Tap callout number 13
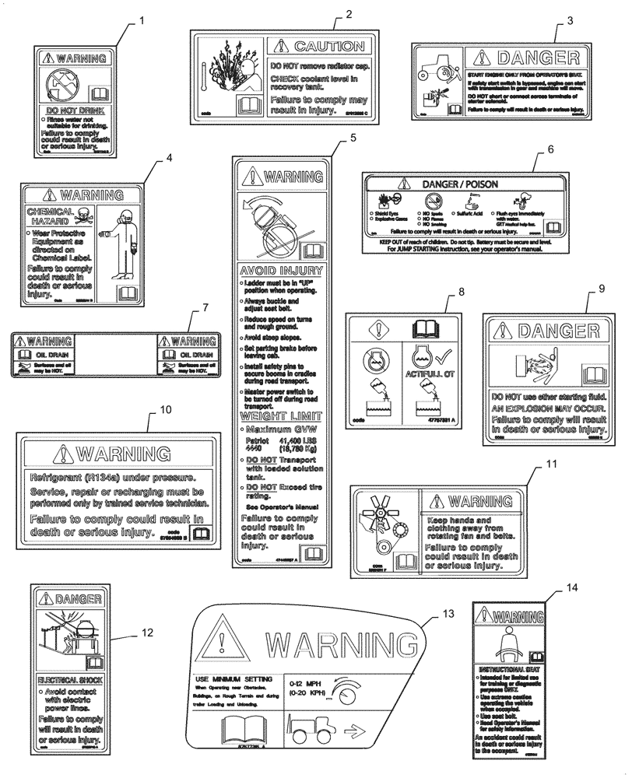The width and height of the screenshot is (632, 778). coord(448,614)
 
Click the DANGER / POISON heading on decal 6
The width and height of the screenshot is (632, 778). coord(459,184)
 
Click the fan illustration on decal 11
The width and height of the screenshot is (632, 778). coord(371,513)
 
